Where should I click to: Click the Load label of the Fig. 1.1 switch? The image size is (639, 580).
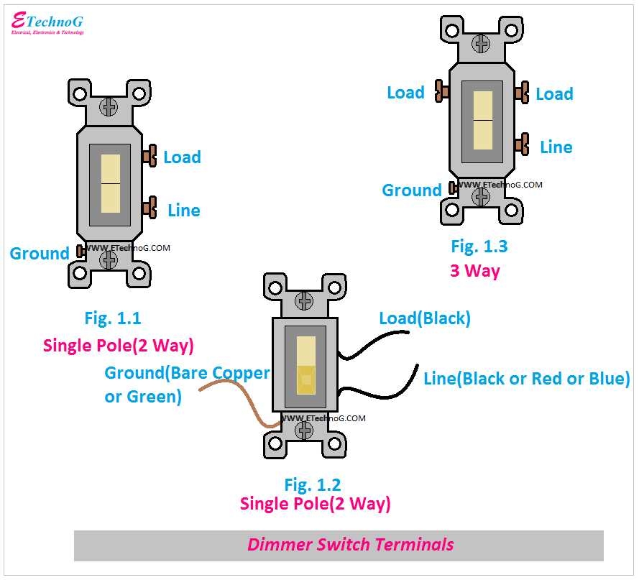click(182, 157)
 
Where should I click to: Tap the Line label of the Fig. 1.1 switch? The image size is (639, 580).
click(183, 210)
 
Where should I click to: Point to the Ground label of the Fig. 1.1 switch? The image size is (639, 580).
click(39, 253)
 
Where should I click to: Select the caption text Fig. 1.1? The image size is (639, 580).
click(113, 317)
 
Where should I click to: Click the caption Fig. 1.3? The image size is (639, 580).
click(479, 247)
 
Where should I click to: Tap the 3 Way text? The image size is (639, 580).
click(474, 271)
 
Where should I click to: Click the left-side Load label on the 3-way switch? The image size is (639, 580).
click(405, 93)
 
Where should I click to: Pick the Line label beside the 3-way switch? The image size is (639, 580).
click(556, 147)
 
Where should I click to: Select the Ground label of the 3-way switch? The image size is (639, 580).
click(411, 190)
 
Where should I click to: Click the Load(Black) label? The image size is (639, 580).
click(425, 318)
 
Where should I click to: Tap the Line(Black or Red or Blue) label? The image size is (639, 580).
click(526, 378)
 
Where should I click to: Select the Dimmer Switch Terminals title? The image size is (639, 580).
click(351, 544)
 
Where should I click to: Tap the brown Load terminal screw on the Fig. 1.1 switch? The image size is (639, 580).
click(150, 155)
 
